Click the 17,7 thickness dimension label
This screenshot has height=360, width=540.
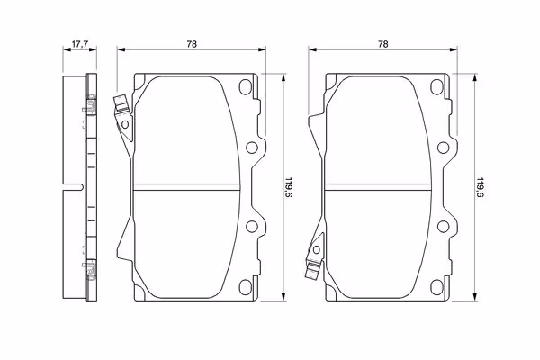tap(80, 44)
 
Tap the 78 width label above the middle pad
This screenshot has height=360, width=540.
tap(192, 44)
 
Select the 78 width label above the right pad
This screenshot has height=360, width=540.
tap(383, 44)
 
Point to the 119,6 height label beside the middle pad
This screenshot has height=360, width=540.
tap(288, 188)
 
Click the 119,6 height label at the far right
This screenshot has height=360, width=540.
tap(479, 188)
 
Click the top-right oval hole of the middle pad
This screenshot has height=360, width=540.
tap(246, 87)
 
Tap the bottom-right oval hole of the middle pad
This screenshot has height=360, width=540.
tap(246, 287)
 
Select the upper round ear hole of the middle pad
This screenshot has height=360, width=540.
tap(252, 148)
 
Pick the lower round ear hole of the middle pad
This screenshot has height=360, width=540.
tap(252, 226)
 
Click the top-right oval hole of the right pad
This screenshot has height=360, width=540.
tap(436, 87)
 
